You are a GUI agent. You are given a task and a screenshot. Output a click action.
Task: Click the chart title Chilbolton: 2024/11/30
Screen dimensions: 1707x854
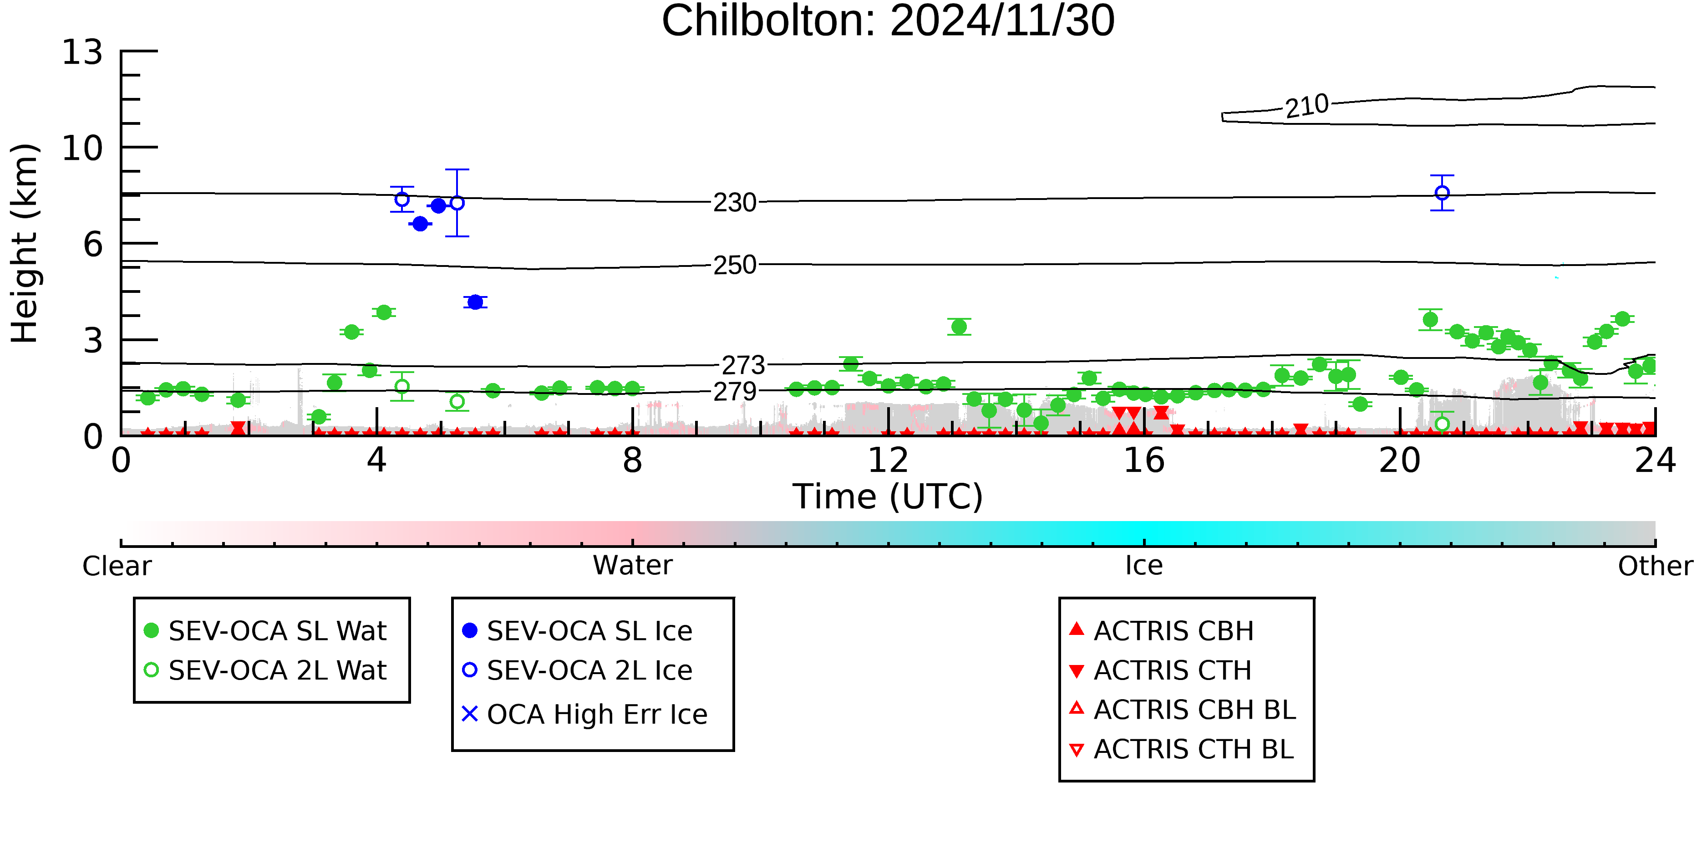click(x=888, y=21)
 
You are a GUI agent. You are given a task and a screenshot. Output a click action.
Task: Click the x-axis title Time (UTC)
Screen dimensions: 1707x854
click(x=888, y=496)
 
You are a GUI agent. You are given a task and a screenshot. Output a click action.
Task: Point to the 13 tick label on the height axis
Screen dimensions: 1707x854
click(x=82, y=52)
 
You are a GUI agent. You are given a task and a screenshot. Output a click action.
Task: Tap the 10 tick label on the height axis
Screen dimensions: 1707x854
click(x=82, y=148)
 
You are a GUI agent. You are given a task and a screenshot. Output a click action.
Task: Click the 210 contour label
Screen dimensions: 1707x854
click(x=1307, y=106)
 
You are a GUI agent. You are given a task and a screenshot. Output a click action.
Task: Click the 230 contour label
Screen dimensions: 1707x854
click(x=735, y=202)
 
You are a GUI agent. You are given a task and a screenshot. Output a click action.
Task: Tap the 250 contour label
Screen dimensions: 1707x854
click(x=735, y=265)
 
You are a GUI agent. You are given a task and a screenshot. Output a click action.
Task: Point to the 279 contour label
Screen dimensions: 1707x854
click(x=735, y=392)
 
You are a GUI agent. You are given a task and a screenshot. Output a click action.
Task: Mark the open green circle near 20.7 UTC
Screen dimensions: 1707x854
click(x=1442, y=424)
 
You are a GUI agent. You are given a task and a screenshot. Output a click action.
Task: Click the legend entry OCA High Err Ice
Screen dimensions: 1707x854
click(x=585, y=714)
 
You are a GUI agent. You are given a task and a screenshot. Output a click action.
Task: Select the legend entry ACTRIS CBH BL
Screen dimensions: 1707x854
click(x=1183, y=710)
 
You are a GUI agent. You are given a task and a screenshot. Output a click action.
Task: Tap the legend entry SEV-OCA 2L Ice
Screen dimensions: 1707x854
click(x=577, y=670)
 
